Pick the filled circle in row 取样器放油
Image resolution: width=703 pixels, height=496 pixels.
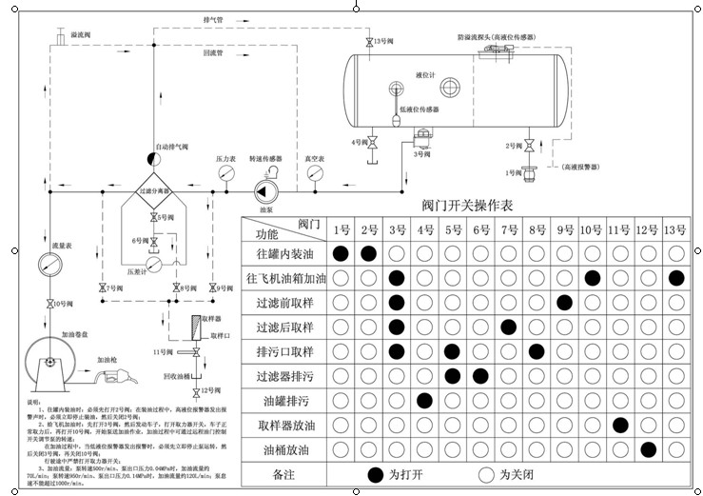tap(620, 424)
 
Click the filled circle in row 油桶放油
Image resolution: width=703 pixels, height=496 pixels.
tap(649, 448)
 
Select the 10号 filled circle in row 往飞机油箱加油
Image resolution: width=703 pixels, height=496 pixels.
tap(593, 278)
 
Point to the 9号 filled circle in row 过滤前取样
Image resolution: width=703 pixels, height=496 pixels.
tap(565, 303)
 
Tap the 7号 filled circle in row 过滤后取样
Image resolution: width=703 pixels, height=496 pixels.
tap(509, 327)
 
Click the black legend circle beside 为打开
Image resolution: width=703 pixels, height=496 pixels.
tap(375, 473)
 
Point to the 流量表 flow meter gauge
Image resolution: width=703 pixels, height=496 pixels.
tap(49, 264)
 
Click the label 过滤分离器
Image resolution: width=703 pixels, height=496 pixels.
tap(155, 192)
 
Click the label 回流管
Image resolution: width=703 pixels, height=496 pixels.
tap(212, 53)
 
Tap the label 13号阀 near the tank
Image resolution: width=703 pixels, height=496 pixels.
tap(383, 43)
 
